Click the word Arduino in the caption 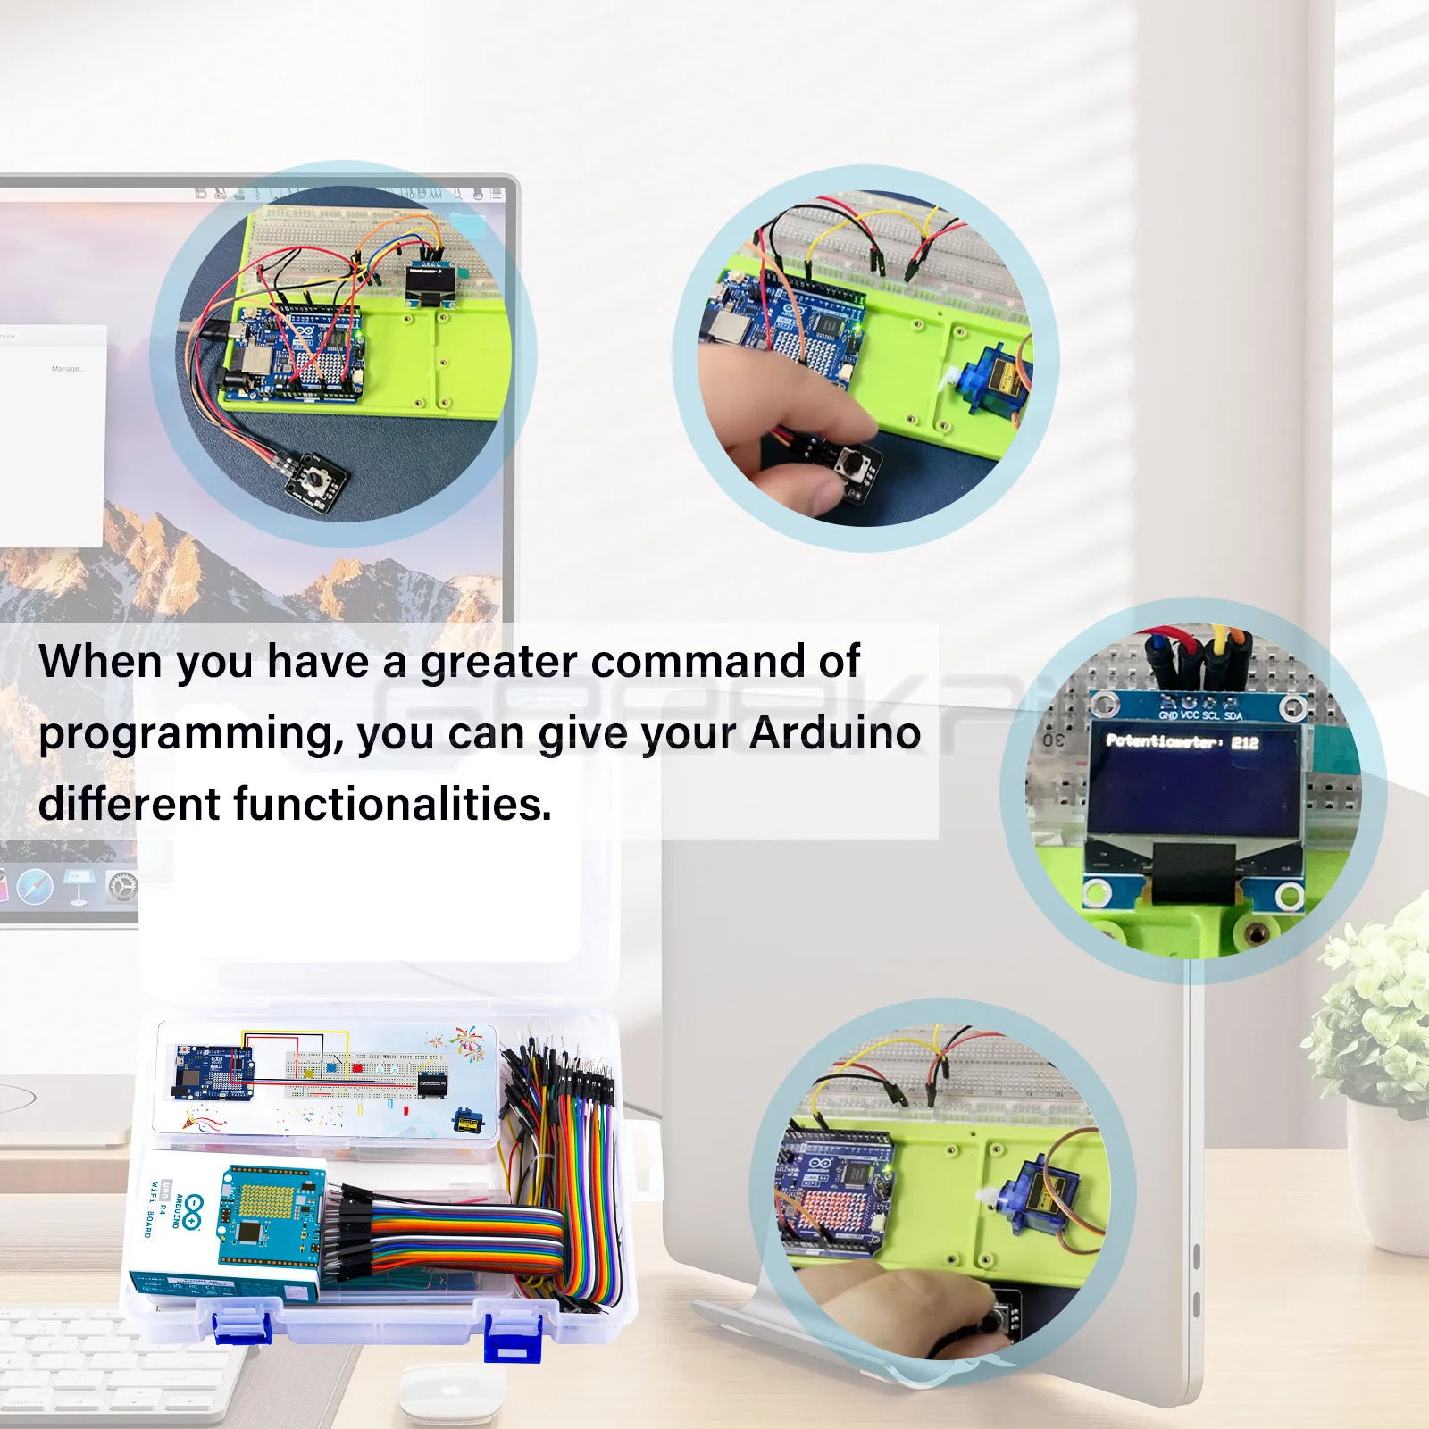click(835, 733)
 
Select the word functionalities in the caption click(392, 804)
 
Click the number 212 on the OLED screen click(1244, 742)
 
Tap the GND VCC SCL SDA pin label click(1200, 714)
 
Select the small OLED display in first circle click(428, 284)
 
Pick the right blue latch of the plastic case click(513, 1337)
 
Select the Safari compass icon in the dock click(35, 886)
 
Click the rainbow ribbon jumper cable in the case click(464, 1237)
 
